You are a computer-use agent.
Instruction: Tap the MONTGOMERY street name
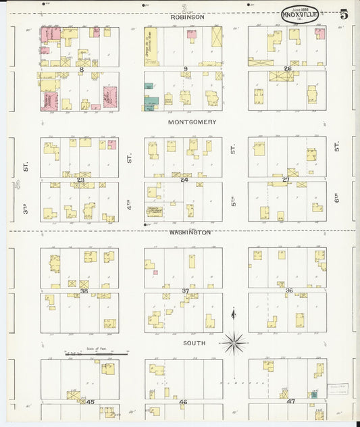point(192,122)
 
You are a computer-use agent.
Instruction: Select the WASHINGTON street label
point(190,232)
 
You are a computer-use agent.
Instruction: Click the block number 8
point(81,69)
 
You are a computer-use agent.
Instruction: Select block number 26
point(287,69)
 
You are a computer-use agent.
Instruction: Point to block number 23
point(80,180)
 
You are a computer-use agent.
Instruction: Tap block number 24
point(184,180)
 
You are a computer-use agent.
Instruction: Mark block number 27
point(286,180)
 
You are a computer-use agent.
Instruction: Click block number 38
point(84,291)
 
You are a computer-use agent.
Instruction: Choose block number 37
point(185,291)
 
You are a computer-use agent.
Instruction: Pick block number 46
point(182,401)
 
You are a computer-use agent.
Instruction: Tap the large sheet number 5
point(344,14)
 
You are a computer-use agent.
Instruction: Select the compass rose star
point(234,343)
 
